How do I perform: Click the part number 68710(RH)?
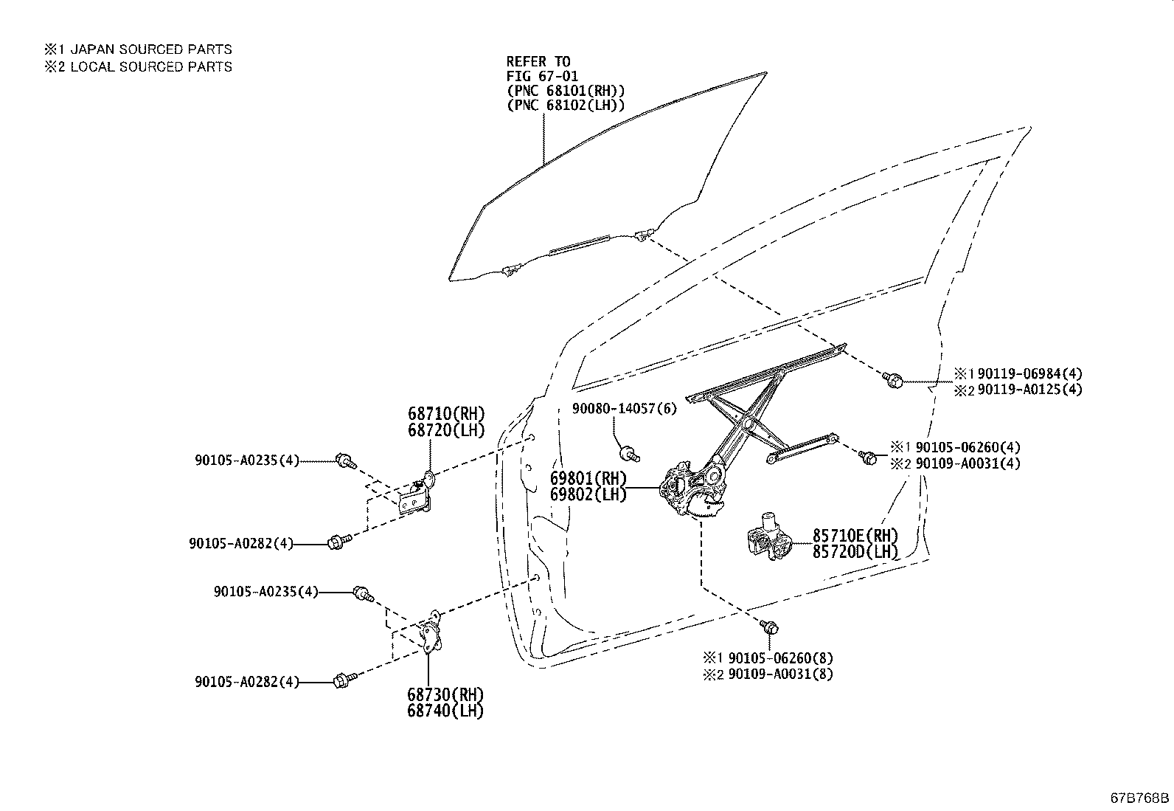pos(446,413)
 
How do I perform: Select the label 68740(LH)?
pos(445,711)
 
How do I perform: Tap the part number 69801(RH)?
pos(588,478)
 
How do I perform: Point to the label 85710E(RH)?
pos(855,535)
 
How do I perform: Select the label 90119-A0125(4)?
pos(1029,390)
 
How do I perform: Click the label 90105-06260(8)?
pos(781,658)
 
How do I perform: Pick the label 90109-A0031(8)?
pos(781,674)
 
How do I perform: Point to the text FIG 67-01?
pos(542,76)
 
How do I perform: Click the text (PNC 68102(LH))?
pos(565,106)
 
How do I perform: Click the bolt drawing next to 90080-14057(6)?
pos(629,452)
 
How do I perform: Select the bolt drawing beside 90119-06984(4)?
pos(893,381)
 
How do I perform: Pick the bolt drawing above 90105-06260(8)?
pos(770,627)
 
